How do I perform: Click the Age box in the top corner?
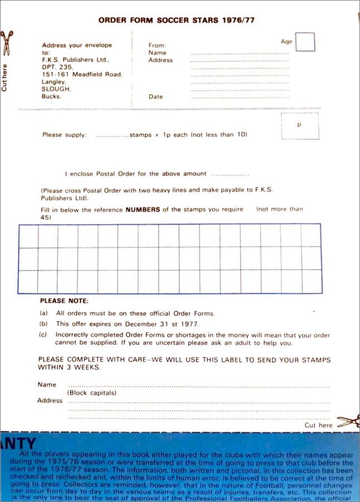coord(305,42)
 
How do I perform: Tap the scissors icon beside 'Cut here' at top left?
coord(6,42)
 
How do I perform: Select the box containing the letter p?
coord(300,126)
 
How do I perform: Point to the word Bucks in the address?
coord(52,96)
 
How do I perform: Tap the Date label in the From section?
coord(156,96)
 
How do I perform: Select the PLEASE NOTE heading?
coord(60,301)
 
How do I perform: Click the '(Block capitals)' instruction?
coord(92,393)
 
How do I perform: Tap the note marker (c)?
coord(43,335)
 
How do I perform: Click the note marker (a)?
coord(43,313)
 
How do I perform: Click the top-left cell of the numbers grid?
coord(28,235)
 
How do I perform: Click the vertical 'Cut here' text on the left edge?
coord(4,78)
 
